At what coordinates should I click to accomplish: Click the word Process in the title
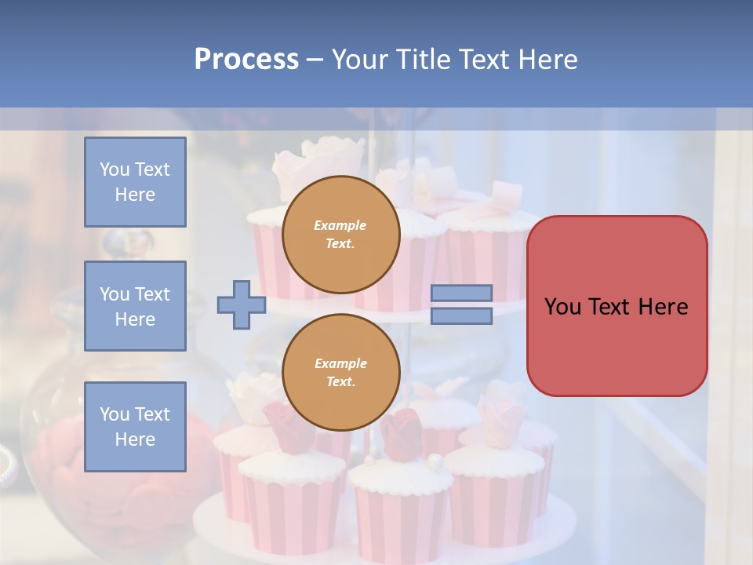pyautogui.click(x=246, y=60)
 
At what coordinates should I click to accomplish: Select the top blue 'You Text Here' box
pyautogui.click(x=135, y=182)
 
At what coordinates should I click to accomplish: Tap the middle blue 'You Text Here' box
pyautogui.click(x=135, y=306)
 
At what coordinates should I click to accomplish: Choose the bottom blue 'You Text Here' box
pyautogui.click(x=135, y=426)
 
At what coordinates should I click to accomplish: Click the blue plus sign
pyautogui.click(x=241, y=304)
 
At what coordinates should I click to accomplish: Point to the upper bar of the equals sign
pyautogui.click(x=461, y=293)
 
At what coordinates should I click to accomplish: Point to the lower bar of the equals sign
pyautogui.click(x=461, y=315)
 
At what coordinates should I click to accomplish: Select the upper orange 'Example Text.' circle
pyautogui.click(x=340, y=234)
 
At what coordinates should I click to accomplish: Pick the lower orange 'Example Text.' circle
pyautogui.click(x=340, y=373)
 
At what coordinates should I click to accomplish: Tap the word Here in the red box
pyautogui.click(x=663, y=307)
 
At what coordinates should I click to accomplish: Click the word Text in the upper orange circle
pyautogui.click(x=340, y=243)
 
